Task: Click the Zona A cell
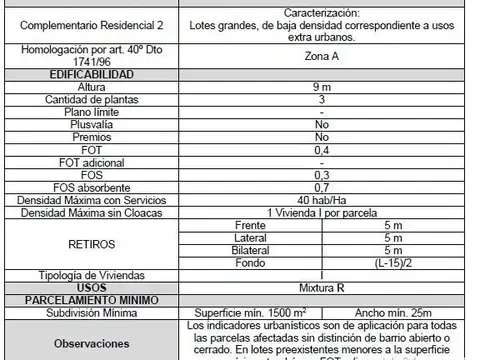click(x=321, y=57)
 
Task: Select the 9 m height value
click(x=321, y=88)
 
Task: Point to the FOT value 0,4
click(x=321, y=148)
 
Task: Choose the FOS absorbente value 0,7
click(x=321, y=186)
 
